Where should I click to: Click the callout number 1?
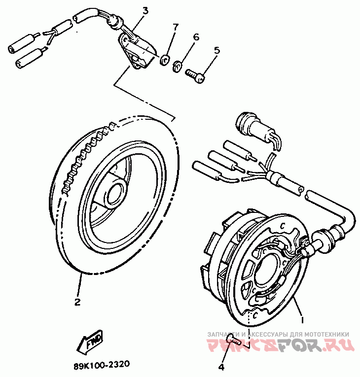(302, 319)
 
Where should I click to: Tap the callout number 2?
(77, 302)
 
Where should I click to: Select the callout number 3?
(145, 10)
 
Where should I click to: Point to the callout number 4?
(221, 367)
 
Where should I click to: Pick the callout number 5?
(216, 50)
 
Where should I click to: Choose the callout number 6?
(196, 37)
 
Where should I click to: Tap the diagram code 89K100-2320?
(101, 365)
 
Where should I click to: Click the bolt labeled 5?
(195, 75)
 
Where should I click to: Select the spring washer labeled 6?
(179, 66)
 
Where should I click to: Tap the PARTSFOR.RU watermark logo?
(281, 346)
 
